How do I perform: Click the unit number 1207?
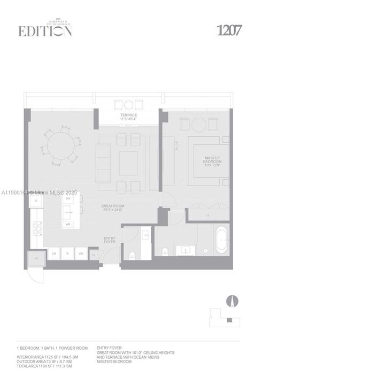(229, 30)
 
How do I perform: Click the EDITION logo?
(45, 30)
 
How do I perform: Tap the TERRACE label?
(128, 115)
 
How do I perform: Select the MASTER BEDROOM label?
(213, 160)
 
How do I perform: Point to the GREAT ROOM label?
(113, 207)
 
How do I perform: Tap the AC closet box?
(36, 258)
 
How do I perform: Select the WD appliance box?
(81, 253)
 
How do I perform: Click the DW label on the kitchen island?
(68, 199)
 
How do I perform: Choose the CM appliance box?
(53, 253)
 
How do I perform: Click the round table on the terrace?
(128, 105)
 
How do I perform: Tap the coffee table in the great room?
(128, 163)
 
